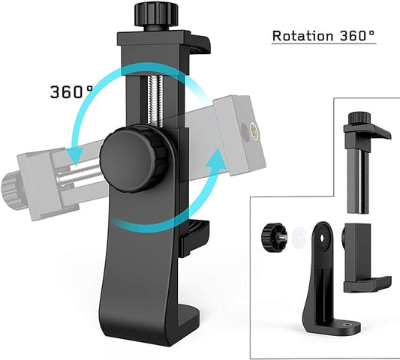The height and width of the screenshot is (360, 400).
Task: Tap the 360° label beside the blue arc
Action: tap(71, 92)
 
